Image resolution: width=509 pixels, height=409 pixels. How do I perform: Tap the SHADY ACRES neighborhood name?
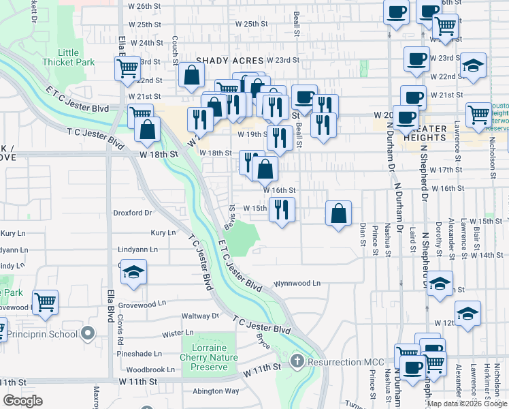coord(229,61)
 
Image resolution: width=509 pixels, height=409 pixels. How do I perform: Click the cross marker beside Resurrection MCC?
coord(297,359)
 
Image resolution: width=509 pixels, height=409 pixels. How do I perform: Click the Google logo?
coord(22,401)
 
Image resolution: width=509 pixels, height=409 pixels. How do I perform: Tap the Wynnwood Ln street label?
coord(297,283)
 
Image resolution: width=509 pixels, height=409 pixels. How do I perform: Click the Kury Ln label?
coord(163,232)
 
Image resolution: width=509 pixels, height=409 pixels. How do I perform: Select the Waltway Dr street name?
coord(200,316)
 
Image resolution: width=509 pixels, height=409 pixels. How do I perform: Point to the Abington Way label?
coord(216,391)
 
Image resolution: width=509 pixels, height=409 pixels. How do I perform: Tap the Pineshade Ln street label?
coord(139,354)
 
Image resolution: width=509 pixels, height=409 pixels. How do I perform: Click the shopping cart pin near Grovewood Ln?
coord(45,301)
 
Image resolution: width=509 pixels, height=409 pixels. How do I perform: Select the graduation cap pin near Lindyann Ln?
coord(133,273)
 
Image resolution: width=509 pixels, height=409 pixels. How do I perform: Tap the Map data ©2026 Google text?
coord(466,403)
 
